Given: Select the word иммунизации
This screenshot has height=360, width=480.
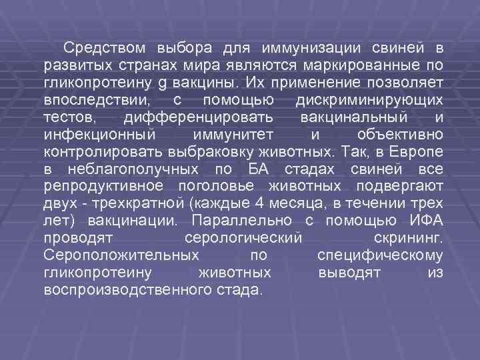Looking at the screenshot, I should (x=311, y=49).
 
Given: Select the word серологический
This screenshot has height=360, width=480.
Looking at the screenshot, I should (x=241, y=239).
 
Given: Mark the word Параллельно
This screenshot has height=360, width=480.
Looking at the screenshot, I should (x=230, y=221).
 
